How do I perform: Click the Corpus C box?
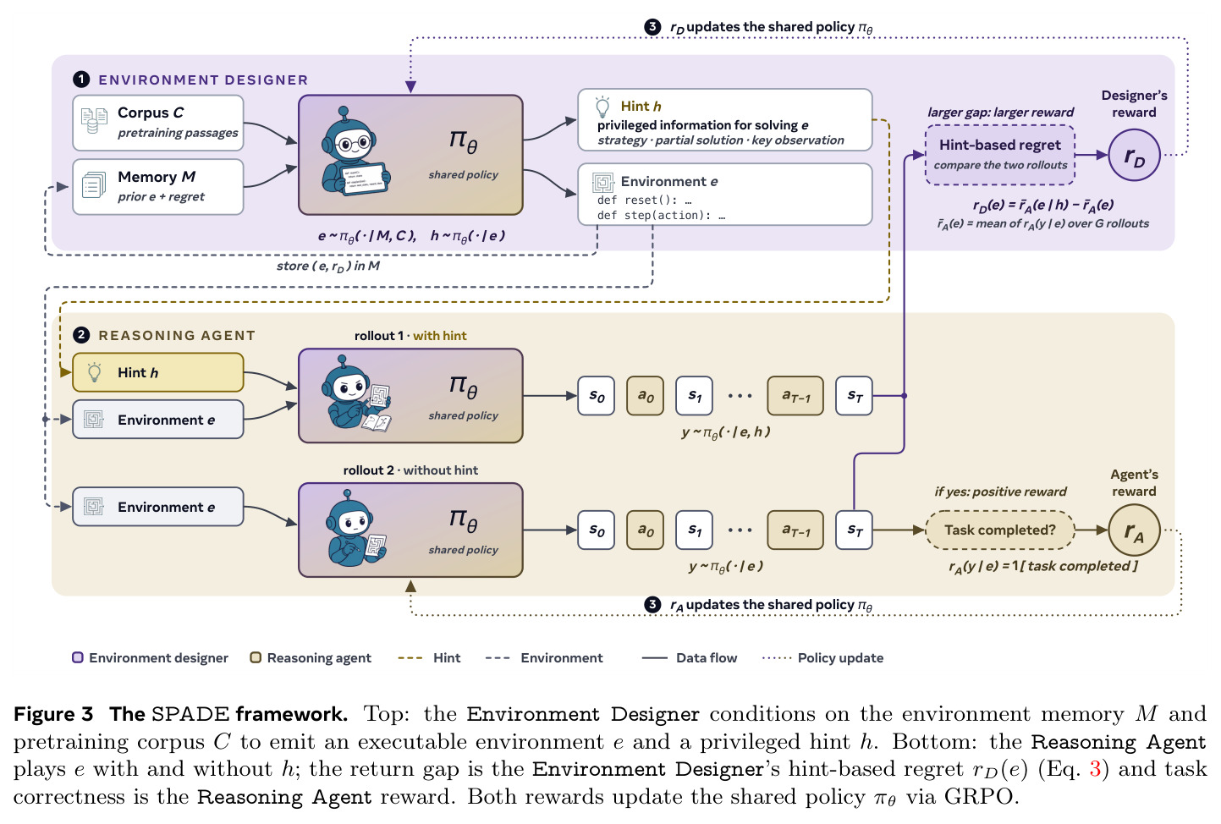(x=158, y=123)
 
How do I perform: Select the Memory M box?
(x=158, y=186)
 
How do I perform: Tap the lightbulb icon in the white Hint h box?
(x=602, y=107)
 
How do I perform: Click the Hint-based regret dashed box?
(x=1000, y=155)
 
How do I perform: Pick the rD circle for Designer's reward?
(x=1135, y=156)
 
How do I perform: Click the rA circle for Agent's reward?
(x=1135, y=530)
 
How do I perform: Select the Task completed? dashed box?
(x=1000, y=530)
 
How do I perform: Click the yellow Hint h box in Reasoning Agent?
(x=158, y=372)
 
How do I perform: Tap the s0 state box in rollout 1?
(x=597, y=396)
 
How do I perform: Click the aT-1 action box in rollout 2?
(x=795, y=530)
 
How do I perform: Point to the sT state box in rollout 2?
(x=854, y=530)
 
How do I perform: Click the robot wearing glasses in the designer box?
(x=355, y=152)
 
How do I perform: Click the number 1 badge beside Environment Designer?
(x=81, y=80)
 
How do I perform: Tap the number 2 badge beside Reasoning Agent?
(x=81, y=335)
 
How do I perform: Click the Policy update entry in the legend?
(x=822, y=658)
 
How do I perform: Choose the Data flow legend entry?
(x=690, y=658)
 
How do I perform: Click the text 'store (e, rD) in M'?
(x=328, y=266)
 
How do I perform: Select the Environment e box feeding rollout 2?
(x=158, y=507)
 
